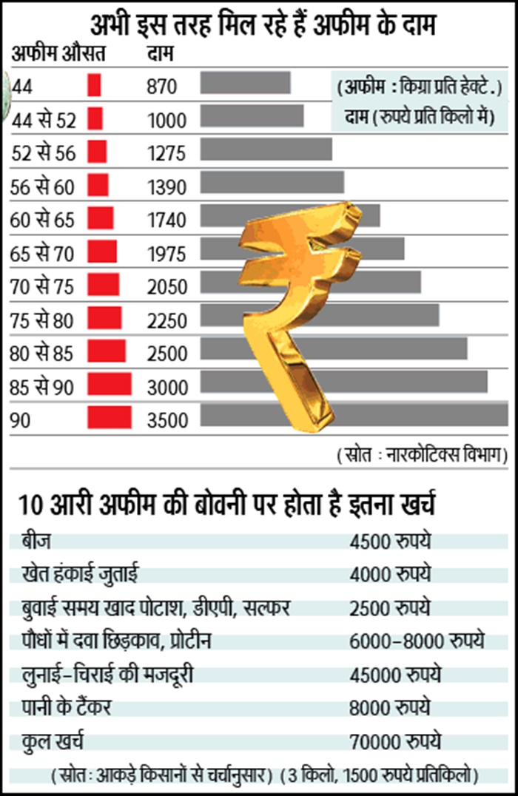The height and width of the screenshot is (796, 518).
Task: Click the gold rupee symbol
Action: [x=303, y=311]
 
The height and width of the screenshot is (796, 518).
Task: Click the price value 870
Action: [x=163, y=87]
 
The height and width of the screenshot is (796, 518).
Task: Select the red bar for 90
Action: [x=109, y=418]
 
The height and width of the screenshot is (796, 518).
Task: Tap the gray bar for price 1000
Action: [x=252, y=116]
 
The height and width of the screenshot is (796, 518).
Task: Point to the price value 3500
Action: [x=168, y=421]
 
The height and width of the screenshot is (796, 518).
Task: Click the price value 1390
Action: [x=168, y=188]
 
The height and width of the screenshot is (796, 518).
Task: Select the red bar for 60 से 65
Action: [x=101, y=218]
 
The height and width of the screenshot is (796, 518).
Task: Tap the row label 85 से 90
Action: [x=43, y=386]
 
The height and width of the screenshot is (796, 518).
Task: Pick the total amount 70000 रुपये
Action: [x=396, y=740]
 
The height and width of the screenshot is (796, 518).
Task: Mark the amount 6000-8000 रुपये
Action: [x=417, y=640]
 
